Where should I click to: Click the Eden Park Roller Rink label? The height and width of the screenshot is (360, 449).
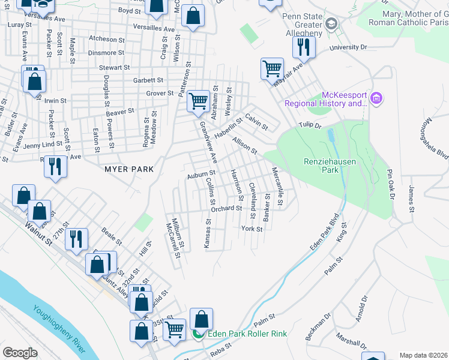tap(247, 334)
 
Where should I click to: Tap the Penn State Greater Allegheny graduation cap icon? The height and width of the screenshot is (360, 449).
tap(330, 24)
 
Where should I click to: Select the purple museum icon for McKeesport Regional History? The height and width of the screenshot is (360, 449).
tap(376, 98)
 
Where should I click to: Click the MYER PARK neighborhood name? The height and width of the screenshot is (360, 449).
tap(129, 170)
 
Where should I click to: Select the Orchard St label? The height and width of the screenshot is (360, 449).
tap(226, 209)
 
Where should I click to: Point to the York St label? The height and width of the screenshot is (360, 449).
tap(252, 229)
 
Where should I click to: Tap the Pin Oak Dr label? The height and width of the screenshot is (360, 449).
tap(391, 183)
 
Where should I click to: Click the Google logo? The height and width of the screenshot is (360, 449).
tap(20, 352)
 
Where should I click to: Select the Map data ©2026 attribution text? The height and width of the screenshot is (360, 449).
tap(423, 355)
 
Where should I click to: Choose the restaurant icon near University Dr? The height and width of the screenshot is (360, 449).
tap(304, 47)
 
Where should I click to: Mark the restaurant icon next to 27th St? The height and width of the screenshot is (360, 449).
tap(76, 238)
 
